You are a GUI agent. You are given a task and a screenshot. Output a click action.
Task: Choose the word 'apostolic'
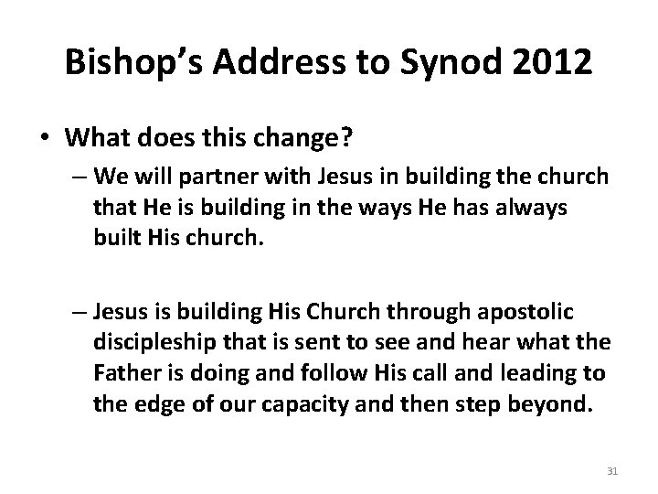click(x=527, y=312)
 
